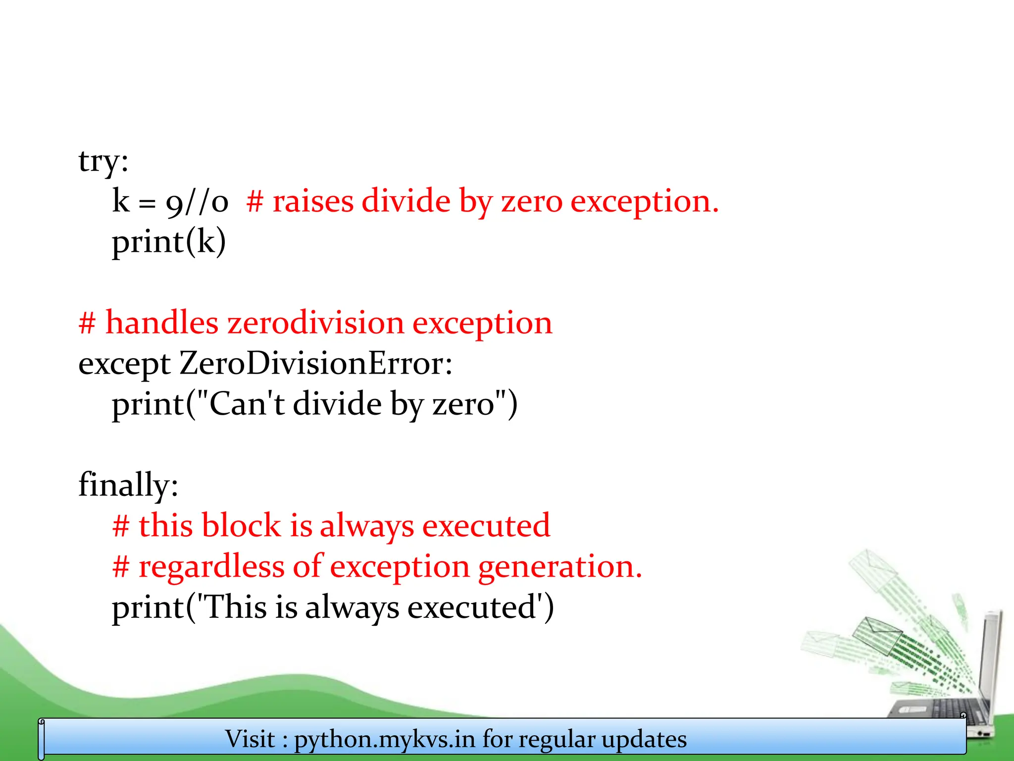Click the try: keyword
pyautogui.click(x=103, y=162)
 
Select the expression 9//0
pyautogui.click(x=197, y=202)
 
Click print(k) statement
pyautogui.click(x=169, y=242)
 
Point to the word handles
pyautogui.click(x=162, y=323)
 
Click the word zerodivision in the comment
pyautogui.click(x=315, y=323)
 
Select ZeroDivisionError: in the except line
pyautogui.click(x=315, y=364)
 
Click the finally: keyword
pyautogui.click(x=128, y=485)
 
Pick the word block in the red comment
pyautogui.click(x=241, y=525)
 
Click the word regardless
pyautogui.click(x=211, y=566)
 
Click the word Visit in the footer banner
pyautogui.click(x=250, y=739)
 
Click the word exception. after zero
pyautogui.click(x=644, y=202)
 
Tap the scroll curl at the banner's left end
pyautogui.click(x=42, y=738)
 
